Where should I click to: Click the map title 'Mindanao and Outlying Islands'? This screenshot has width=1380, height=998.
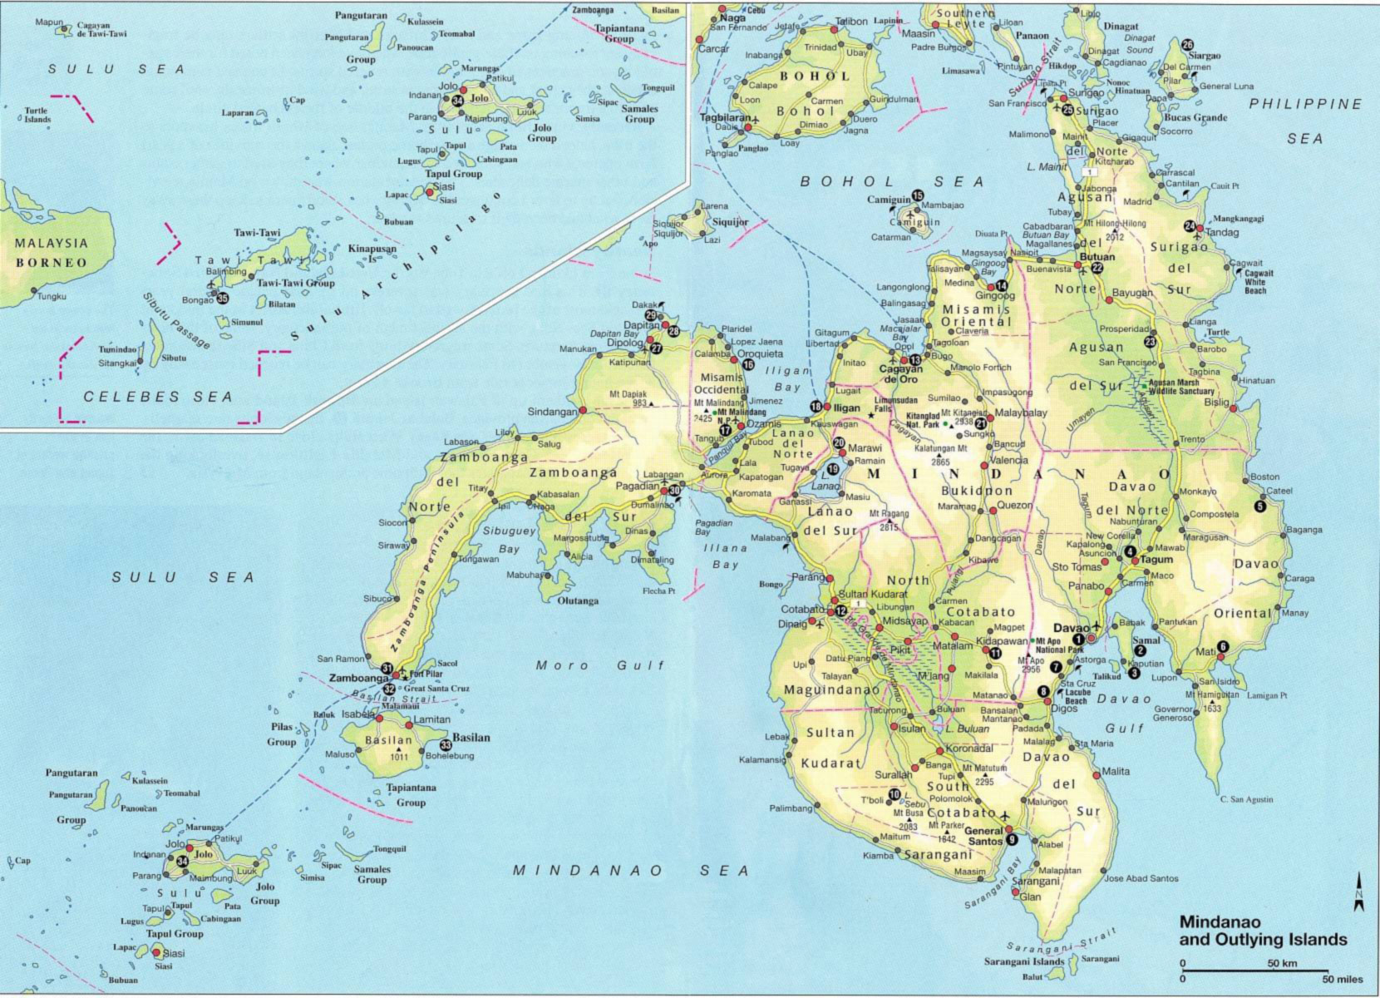[1262, 931]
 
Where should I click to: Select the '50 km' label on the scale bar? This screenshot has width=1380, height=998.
[1283, 963]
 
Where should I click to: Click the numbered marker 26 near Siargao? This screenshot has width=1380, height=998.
[1187, 45]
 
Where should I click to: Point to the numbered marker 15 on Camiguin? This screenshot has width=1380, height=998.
[918, 195]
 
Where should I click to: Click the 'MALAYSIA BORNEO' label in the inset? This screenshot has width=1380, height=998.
[52, 253]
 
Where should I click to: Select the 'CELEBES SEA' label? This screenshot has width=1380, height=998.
[158, 397]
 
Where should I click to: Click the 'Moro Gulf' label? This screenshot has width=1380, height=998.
[600, 665]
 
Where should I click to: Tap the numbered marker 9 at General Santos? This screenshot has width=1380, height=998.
[1012, 840]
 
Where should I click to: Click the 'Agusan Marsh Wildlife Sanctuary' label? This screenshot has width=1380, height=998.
[1180, 387]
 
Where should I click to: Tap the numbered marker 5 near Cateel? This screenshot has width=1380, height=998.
[1260, 506]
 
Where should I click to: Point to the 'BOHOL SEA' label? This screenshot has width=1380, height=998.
[891, 181]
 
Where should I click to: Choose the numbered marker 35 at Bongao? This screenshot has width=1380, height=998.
[222, 298]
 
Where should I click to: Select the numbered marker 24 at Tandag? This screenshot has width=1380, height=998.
[1190, 226]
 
